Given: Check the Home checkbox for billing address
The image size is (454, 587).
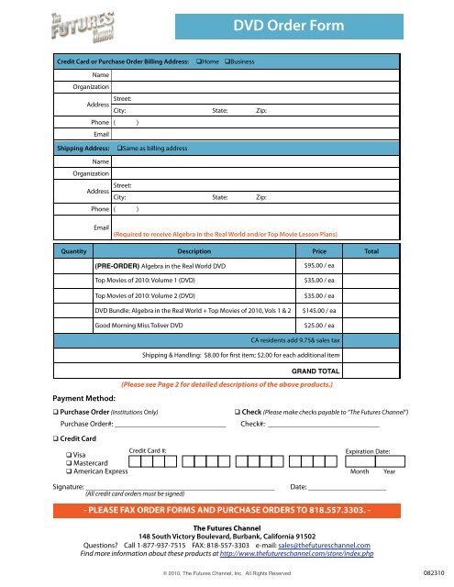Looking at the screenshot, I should coord(199,60).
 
